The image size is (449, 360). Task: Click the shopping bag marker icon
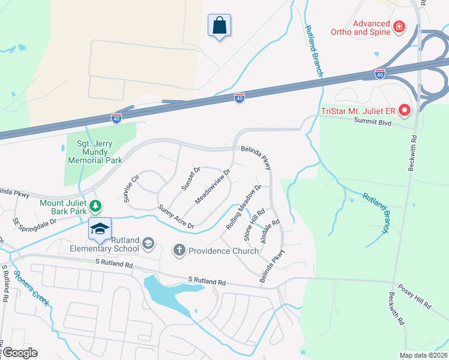pyautogui.click(x=220, y=25)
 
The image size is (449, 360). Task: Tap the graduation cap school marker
pyautogui.click(x=100, y=229)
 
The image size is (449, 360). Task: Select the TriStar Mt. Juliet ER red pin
pyautogui.click(x=405, y=110)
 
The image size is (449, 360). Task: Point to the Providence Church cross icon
pyautogui.click(x=179, y=250)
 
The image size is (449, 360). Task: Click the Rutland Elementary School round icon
pyautogui.click(x=148, y=244)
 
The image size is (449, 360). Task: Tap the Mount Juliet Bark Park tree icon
pyautogui.click(x=95, y=207)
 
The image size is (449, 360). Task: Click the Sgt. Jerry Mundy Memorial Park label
pyautogui.click(x=95, y=151)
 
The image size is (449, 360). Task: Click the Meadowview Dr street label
pyautogui.click(x=213, y=186)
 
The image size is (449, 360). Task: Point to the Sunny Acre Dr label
pyautogui.click(x=176, y=217)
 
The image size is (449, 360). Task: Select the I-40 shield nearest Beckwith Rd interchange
pyautogui.click(x=379, y=73)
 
